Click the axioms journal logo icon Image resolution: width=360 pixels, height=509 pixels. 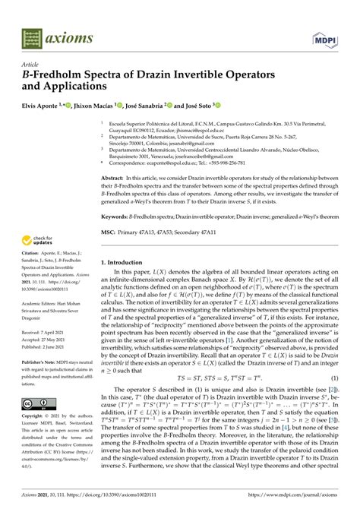click(33, 36)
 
